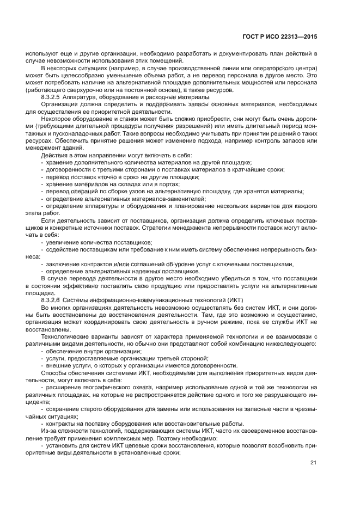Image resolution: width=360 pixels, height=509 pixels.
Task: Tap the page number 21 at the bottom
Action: coord(313,463)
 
